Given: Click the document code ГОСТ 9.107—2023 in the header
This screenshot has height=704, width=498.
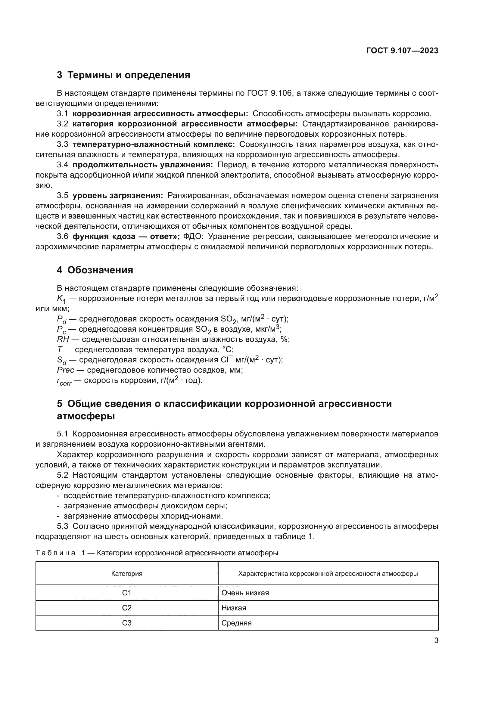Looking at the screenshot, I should click(402, 51).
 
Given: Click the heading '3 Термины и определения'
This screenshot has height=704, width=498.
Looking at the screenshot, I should click(123, 75).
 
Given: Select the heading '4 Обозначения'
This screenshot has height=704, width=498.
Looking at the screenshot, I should click(95, 270).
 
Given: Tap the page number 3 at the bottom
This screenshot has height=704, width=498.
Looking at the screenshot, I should click(436, 640).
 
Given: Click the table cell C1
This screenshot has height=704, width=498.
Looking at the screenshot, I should click(127, 593).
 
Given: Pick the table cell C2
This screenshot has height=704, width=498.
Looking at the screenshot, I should click(127, 608).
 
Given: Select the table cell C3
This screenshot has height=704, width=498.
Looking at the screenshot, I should click(127, 623).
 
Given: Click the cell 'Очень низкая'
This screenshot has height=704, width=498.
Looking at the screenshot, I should click(245, 593).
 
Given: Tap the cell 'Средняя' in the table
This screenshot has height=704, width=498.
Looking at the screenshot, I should click(236, 623).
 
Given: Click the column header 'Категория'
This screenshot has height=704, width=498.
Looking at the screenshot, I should click(127, 574).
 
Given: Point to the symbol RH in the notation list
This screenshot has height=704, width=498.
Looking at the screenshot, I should click(63, 340).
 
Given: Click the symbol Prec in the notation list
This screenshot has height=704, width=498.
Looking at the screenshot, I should click(66, 370).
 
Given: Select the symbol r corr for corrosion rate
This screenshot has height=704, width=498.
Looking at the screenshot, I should click(64, 381).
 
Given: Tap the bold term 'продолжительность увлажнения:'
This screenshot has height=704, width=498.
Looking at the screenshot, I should click(143, 165).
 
